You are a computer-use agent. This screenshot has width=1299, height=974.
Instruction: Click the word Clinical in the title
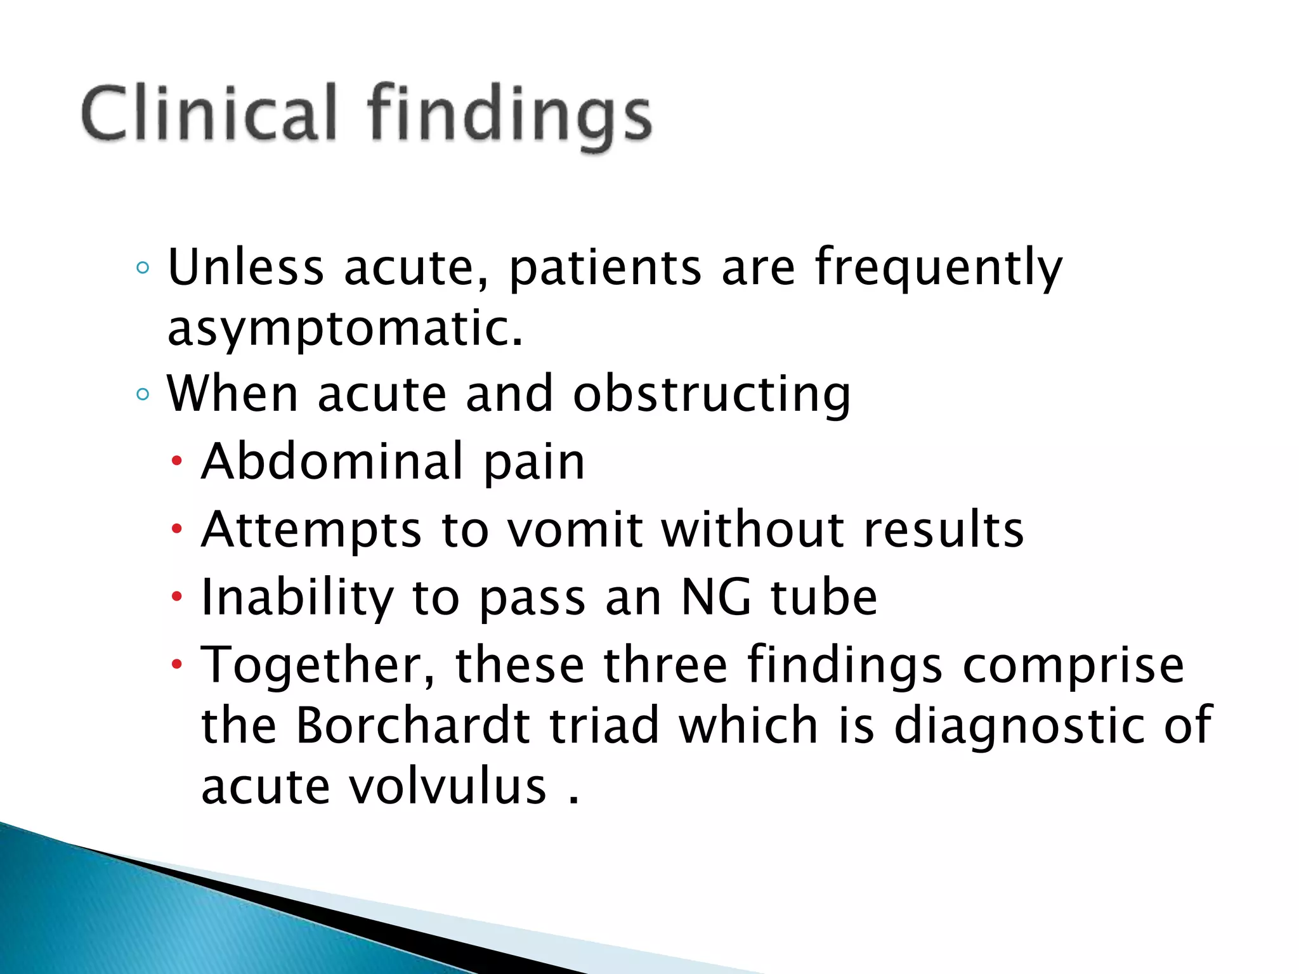pos(209,114)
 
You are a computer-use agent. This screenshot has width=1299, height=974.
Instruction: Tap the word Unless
pos(245,267)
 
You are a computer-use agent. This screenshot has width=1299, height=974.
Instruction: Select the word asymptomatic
pos(346,329)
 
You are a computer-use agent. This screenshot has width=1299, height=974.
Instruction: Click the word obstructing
pos(711,395)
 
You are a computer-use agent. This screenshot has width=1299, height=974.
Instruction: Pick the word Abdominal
pos(333,461)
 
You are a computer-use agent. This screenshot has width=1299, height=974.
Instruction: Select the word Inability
pos(297,599)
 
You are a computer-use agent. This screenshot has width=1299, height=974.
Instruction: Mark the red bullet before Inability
pos(177,596)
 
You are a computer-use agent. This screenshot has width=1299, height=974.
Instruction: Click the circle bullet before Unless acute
pos(143,268)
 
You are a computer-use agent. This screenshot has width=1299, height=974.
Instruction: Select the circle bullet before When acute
pos(143,394)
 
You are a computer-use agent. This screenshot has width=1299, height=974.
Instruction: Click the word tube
pos(824,597)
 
